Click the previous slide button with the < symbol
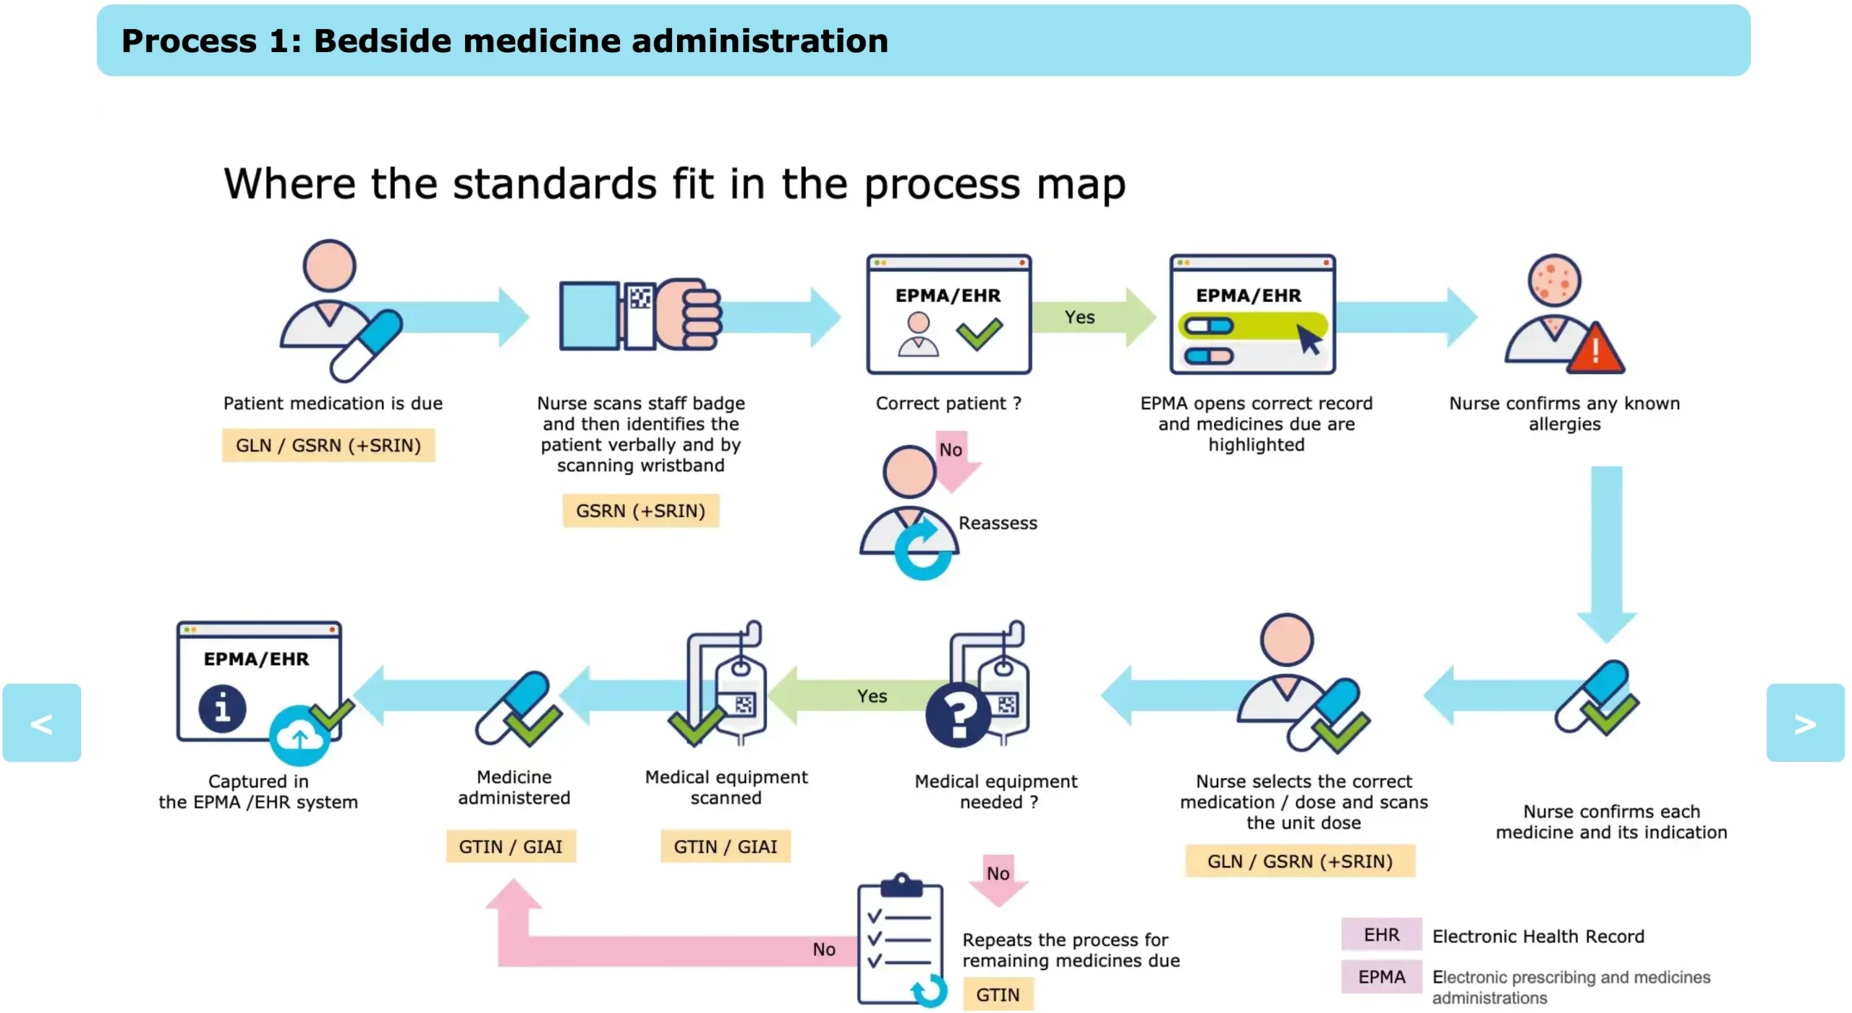coord(41,723)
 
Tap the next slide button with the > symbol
coord(1805,723)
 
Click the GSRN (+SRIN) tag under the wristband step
coord(640,511)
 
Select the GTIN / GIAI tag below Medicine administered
coord(511,847)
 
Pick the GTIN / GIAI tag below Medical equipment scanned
coord(725,847)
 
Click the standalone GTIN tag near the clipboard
coord(998,995)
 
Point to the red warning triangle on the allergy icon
coord(1595,351)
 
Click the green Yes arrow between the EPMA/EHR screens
coord(1092,317)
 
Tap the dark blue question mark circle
coord(959,715)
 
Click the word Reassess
coord(998,523)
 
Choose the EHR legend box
coord(1381,935)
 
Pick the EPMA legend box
coord(1381,977)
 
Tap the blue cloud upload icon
coord(300,737)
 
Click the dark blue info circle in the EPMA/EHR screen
coord(222,708)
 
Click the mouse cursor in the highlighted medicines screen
coord(1309,339)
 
